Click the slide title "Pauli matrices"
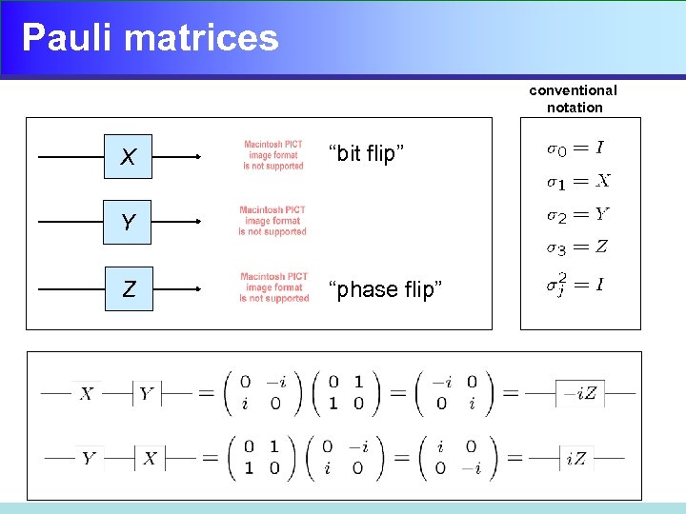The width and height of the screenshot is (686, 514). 150,38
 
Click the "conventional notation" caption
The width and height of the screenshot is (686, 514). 574,99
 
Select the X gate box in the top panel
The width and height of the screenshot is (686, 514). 129,157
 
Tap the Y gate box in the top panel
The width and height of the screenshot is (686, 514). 129,224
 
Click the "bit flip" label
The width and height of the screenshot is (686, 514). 366,153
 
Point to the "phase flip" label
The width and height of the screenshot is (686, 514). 385,289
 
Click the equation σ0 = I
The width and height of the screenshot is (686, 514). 574,148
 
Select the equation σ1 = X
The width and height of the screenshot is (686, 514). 577,181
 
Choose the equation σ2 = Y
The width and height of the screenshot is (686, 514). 577,215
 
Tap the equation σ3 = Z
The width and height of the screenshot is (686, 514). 576,248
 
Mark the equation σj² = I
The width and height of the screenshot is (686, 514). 575,285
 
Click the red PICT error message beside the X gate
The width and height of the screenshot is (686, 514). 273,156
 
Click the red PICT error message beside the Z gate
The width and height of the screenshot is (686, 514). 274,288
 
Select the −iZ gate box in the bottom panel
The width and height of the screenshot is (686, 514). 580,393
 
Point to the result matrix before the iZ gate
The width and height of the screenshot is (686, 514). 454,458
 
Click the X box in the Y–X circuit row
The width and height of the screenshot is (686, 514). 150,459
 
